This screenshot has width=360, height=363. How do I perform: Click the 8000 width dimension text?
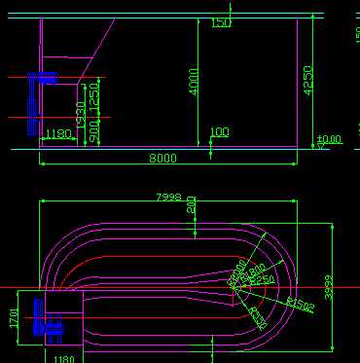(x=162, y=158)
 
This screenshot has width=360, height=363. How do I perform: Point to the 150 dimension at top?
(x=221, y=22)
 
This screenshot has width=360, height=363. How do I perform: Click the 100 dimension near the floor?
(x=220, y=132)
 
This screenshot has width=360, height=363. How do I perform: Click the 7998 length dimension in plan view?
(x=168, y=198)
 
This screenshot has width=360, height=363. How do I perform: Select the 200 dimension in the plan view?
(x=192, y=205)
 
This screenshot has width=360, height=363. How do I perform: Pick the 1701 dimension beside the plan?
(x=14, y=319)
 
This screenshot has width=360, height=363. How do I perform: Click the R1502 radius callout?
(x=300, y=307)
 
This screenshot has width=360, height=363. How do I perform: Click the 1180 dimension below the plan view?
(x=63, y=358)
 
